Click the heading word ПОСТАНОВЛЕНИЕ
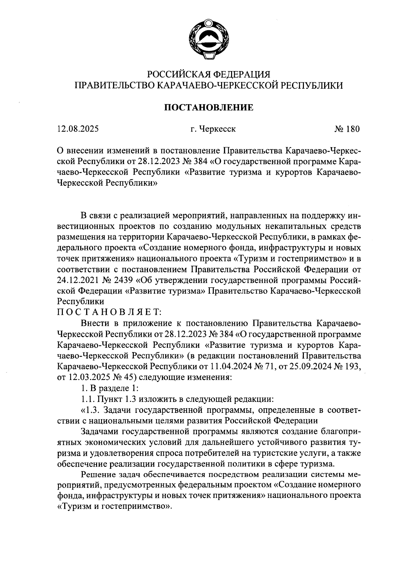tap(209, 107)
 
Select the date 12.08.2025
tap(78, 129)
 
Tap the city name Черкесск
tap(218, 129)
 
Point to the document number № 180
tap(347, 129)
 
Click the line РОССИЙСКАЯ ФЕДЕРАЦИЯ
tap(209, 74)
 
